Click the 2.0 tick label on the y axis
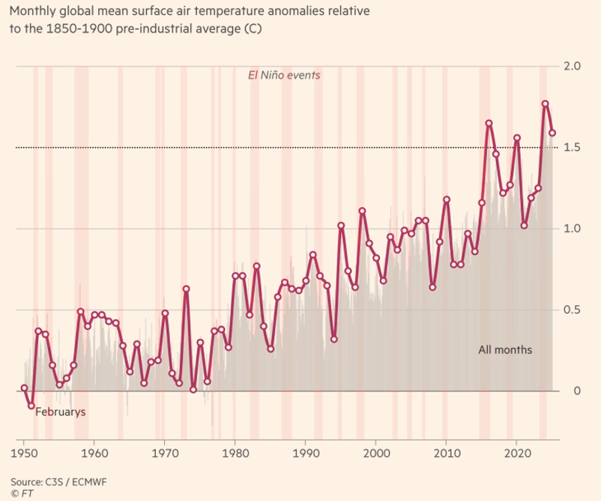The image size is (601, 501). point(573,67)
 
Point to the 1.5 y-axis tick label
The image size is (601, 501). point(573,148)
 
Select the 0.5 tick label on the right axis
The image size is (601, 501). point(573,310)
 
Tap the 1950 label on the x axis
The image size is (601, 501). point(24,454)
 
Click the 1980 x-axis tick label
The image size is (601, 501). point(235,454)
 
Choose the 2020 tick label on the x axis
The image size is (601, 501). point(517,454)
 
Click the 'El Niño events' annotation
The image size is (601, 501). point(285,75)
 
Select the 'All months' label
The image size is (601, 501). point(506,349)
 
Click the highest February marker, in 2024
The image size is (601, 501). point(546,103)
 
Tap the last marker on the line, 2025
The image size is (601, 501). point(552,133)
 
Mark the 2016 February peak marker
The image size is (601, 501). point(489,124)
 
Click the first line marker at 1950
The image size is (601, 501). point(24,388)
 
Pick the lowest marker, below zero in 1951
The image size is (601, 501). point(31,406)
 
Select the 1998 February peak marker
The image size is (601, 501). point(362,211)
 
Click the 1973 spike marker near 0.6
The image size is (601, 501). point(186,289)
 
